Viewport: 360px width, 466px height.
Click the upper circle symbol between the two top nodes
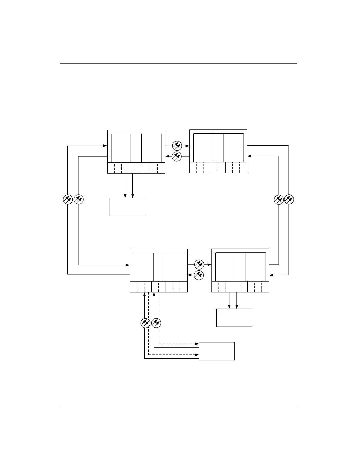pos(177,146)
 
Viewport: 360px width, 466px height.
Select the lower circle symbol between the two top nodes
pos(177,156)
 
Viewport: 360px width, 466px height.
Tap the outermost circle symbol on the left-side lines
pos(68,199)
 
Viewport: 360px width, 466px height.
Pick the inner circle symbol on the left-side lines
pos(79,199)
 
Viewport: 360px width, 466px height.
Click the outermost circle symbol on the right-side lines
pos(289,199)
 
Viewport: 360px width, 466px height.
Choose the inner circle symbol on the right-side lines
pos(279,199)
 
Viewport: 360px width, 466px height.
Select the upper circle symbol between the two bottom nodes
pos(199,264)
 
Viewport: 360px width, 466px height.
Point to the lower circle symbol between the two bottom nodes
pos(199,275)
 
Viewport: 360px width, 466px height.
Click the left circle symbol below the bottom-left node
pos(145,323)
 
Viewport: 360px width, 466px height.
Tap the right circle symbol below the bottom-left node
pos(156,323)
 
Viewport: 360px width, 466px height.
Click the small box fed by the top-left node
pos(127,207)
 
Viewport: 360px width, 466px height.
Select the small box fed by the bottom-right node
pos(234,317)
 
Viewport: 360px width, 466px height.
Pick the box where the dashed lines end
pos(217,351)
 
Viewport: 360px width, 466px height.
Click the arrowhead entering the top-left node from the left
pos(105,145)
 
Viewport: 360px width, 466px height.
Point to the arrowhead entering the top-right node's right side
pos(249,156)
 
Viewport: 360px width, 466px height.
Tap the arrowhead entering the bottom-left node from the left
pos(128,265)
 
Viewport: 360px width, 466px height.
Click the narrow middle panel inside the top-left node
pos(136,148)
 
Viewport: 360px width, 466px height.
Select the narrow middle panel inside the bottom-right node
pos(240,267)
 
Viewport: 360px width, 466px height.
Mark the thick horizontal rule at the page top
pos(179,63)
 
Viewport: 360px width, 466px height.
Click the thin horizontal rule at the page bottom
pos(179,406)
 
